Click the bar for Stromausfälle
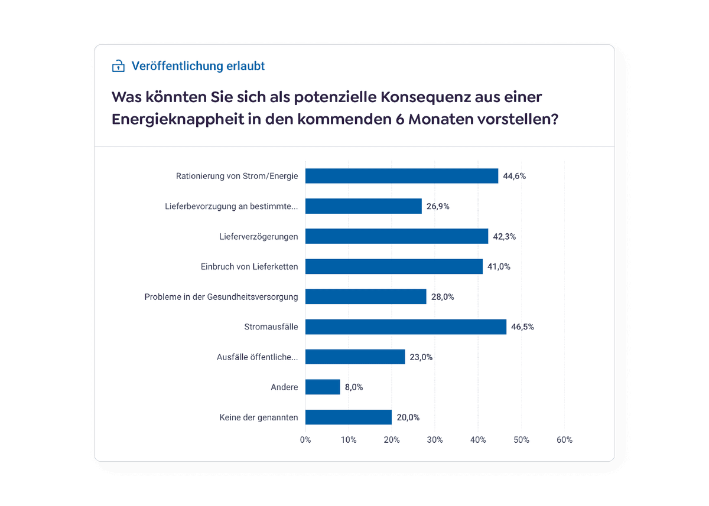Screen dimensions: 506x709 click(405, 327)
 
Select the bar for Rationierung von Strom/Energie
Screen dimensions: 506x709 click(402, 176)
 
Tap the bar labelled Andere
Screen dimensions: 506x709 click(323, 387)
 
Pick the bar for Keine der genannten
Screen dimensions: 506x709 click(349, 417)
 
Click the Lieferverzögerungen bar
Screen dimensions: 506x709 click(396, 236)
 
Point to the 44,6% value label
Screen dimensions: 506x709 click(514, 176)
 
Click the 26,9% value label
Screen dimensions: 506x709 click(438, 206)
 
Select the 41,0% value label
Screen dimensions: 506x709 click(499, 266)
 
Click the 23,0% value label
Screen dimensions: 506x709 click(421, 357)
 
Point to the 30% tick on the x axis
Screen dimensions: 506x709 click(435, 440)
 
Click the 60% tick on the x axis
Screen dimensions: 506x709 click(564, 440)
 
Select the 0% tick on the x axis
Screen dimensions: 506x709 click(305, 440)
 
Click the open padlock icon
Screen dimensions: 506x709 click(119, 66)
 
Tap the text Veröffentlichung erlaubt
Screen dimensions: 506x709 click(198, 66)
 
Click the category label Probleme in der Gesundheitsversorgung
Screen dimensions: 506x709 click(221, 296)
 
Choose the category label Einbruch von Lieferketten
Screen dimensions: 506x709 click(249, 266)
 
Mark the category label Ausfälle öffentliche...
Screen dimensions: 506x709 click(258, 357)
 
